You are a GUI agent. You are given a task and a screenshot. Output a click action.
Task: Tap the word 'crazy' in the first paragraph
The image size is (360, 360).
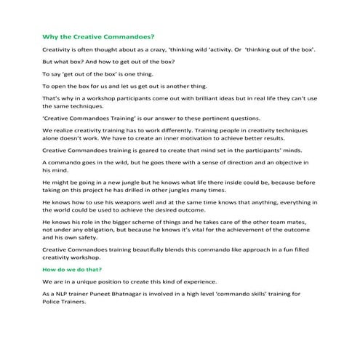(156, 49)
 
